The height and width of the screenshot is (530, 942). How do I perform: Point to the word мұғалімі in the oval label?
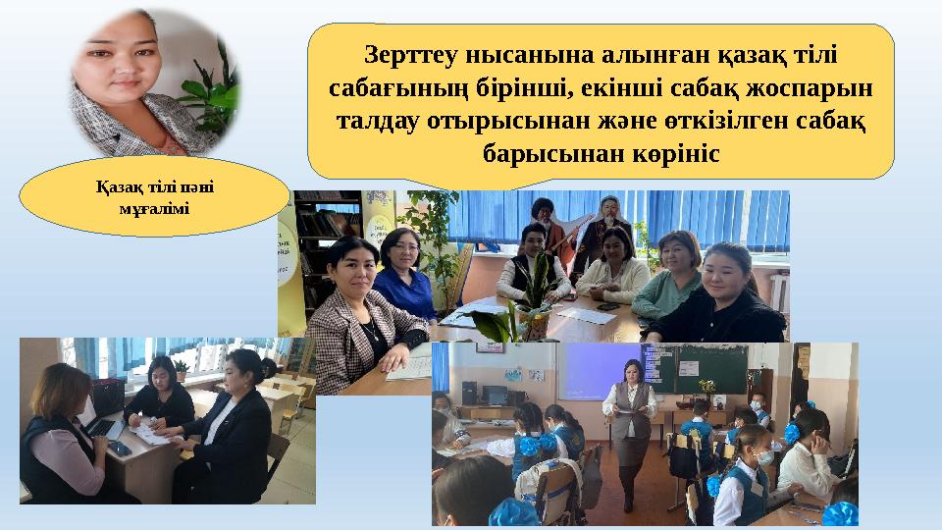[155, 210]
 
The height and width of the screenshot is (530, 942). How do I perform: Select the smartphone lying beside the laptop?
[119, 448]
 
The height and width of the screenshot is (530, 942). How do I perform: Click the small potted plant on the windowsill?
[181, 370]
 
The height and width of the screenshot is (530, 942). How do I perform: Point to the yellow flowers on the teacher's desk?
[707, 386]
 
